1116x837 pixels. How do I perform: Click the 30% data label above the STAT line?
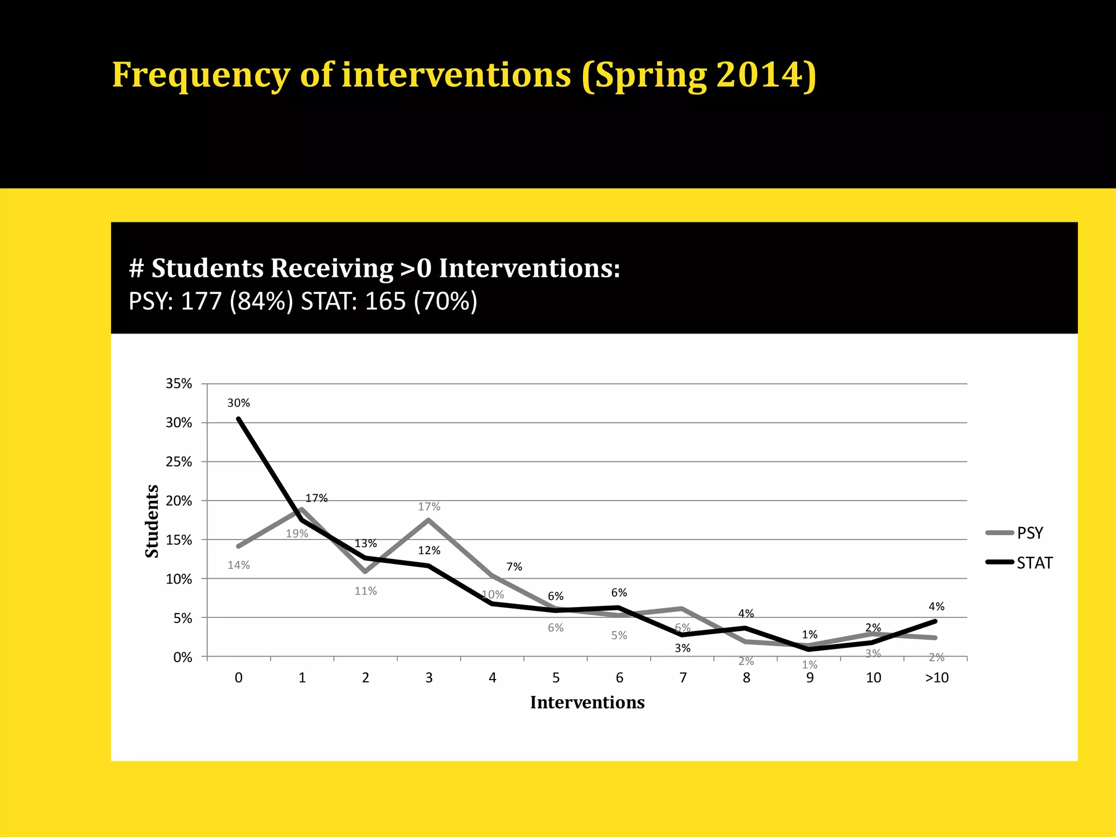[239, 403]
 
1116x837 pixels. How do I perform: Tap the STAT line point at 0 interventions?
[239, 418]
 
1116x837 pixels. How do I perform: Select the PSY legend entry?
[1029, 533]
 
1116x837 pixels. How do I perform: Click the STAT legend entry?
[1034, 563]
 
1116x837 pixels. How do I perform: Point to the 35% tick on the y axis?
[179, 384]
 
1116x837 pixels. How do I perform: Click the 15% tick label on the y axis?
[179, 540]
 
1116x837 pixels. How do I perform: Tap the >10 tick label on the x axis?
[937, 678]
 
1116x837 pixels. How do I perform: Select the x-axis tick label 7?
[683, 678]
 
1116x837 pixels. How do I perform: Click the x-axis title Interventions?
[587, 702]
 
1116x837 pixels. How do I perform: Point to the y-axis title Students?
[152, 521]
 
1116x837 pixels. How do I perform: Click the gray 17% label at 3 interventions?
[429, 507]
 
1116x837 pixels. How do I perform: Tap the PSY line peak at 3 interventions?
[429, 520]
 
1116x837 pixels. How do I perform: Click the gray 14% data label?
[239, 565]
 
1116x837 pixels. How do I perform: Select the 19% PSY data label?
[297, 534]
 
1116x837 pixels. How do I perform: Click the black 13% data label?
[366, 544]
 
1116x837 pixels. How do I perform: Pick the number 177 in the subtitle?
[201, 301]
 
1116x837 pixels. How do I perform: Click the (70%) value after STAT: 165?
[445, 301]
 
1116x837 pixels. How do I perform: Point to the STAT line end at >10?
[935, 621]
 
